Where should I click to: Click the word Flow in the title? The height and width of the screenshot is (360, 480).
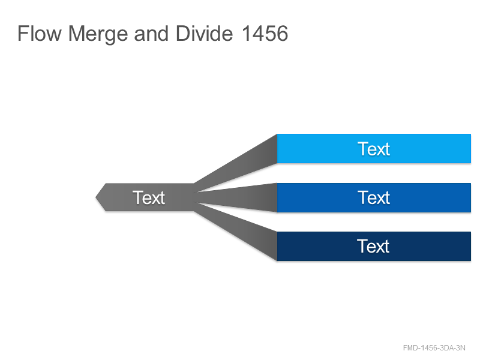[x=40, y=34]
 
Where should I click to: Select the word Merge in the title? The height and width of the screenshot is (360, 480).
[x=98, y=34]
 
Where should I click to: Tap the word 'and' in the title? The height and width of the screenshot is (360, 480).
[x=151, y=34]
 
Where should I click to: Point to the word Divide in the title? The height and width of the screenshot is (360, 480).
[x=204, y=34]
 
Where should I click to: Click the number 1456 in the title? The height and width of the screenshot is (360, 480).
[x=265, y=34]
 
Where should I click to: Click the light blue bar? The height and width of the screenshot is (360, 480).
[x=374, y=148]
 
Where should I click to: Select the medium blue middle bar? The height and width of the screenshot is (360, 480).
[x=374, y=197]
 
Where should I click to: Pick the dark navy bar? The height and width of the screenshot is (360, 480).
[x=374, y=246]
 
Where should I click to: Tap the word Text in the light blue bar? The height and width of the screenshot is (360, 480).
[x=374, y=149]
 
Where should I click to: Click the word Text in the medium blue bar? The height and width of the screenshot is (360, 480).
[x=374, y=197]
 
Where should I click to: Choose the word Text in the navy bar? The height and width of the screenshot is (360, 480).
[x=373, y=246]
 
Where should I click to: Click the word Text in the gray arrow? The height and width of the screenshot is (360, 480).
[x=149, y=197]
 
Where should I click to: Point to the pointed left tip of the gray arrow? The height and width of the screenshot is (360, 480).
[x=96, y=197]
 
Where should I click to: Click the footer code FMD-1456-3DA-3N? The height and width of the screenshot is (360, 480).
[x=434, y=348]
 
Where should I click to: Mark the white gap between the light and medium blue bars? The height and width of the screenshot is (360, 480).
[x=374, y=173]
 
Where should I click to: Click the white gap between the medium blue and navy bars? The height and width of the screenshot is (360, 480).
[x=374, y=222]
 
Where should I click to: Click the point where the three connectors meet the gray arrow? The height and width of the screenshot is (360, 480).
[x=194, y=197]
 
